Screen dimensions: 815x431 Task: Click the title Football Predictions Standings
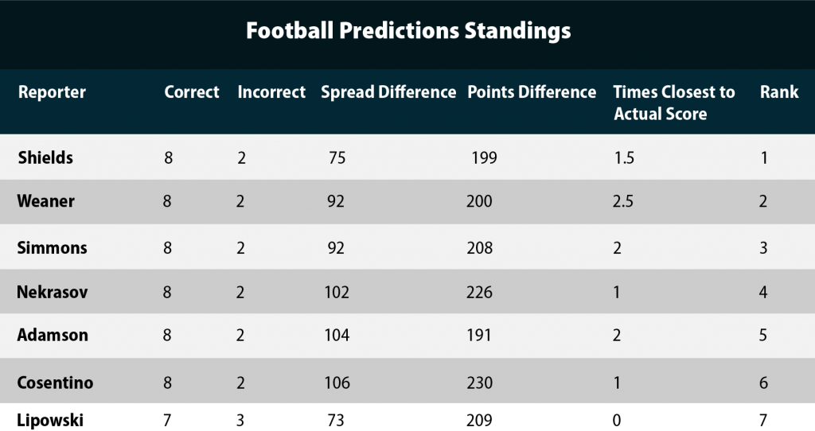tap(408, 31)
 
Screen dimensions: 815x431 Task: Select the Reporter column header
tap(52, 92)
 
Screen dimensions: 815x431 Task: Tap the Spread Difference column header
tap(388, 92)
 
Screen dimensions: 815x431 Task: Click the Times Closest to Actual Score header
tap(674, 103)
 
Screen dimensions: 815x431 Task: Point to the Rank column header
tap(779, 92)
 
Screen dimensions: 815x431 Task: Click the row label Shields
tap(45, 157)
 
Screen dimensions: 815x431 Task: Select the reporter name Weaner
tap(45, 201)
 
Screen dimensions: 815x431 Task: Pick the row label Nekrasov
tap(52, 292)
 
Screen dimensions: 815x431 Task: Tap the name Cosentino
tap(55, 382)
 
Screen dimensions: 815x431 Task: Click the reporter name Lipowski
tap(50, 420)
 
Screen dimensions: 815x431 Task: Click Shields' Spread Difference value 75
tap(337, 158)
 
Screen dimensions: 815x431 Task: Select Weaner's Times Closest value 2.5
tap(623, 201)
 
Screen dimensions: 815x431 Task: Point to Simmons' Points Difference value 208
tap(479, 247)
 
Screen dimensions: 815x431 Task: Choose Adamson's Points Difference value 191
tap(478, 335)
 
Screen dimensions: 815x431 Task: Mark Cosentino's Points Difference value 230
tap(479, 382)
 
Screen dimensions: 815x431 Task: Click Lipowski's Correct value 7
tap(167, 420)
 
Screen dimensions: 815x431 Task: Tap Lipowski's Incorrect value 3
tap(240, 420)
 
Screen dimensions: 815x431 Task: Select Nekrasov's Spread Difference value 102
tap(337, 292)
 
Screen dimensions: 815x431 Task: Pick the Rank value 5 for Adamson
tap(763, 335)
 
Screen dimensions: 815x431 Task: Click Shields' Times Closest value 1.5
tap(624, 158)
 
